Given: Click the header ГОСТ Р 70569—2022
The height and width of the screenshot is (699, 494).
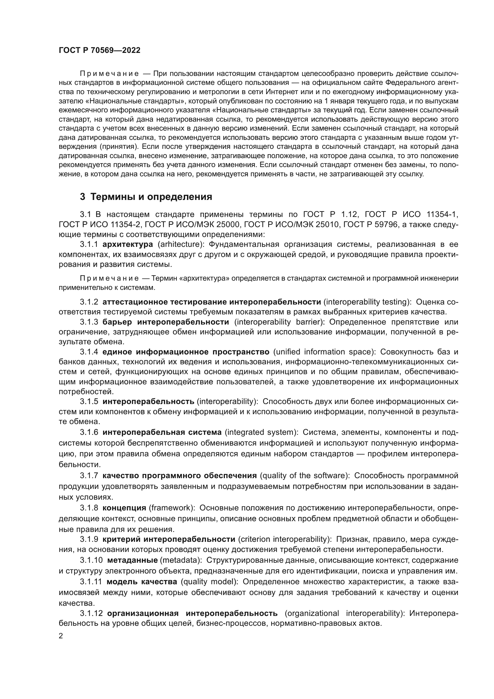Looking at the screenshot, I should click(x=99, y=51).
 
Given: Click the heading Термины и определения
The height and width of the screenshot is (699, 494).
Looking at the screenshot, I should click(x=146, y=197).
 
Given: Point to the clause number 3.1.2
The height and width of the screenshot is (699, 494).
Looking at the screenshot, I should click(x=89, y=302).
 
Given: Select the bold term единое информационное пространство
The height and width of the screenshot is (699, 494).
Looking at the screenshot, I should click(x=186, y=352).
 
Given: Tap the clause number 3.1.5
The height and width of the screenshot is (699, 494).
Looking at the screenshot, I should click(x=89, y=402).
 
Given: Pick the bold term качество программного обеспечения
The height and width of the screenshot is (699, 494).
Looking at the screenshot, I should click(x=180, y=475).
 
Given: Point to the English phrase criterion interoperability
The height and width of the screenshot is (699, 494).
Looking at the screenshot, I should click(x=285, y=539).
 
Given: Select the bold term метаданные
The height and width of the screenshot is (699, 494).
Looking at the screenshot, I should click(x=132, y=560).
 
